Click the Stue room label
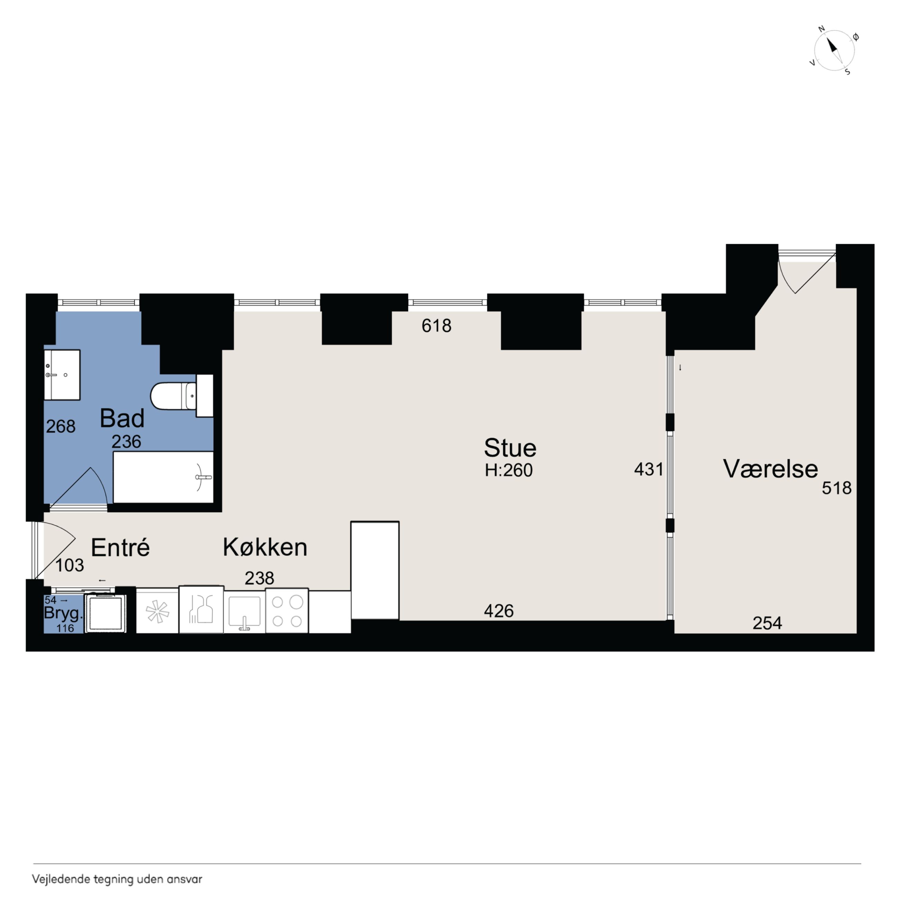click(510, 448)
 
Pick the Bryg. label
click(63, 613)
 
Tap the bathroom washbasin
click(62, 374)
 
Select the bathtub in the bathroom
click(163, 477)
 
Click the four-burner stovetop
click(287, 611)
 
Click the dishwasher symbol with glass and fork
click(201, 610)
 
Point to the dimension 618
click(436, 326)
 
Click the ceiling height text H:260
click(509, 471)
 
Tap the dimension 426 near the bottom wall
click(498, 611)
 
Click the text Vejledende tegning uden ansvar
click(117, 879)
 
